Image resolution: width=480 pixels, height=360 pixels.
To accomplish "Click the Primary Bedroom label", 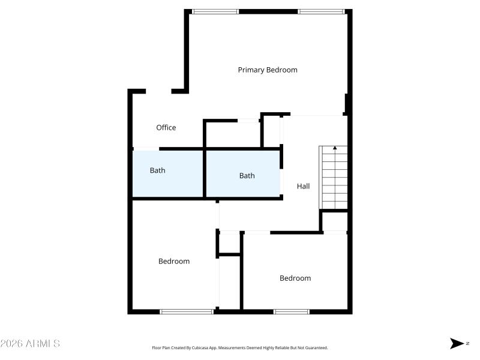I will [x=268, y=70].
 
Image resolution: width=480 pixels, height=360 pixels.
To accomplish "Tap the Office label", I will [x=166, y=127].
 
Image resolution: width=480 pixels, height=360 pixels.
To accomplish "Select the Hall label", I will [x=304, y=187].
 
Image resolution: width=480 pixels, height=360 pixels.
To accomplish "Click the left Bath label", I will [x=157, y=170].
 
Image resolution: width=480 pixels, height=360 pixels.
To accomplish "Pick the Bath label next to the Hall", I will [x=247, y=176].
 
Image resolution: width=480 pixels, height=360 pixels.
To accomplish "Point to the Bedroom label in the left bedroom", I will [x=174, y=261].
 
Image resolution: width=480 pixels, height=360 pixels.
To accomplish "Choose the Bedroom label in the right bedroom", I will [x=295, y=278].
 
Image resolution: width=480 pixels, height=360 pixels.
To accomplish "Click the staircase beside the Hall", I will [x=335, y=178].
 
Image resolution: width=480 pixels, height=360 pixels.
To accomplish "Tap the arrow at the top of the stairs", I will [x=335, y=148].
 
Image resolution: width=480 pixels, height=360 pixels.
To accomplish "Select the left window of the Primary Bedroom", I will [x=215, y=11].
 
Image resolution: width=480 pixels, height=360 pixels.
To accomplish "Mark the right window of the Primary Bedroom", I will [x=322, y=11].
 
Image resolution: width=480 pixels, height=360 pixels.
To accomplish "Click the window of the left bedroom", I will [x=187, y=311].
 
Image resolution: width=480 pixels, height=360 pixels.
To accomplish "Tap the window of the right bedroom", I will [x=291, y=311].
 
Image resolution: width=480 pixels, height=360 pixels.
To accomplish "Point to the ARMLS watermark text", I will [x=30, y=344].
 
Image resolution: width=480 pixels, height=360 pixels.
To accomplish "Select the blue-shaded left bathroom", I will [x=167, y=174].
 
